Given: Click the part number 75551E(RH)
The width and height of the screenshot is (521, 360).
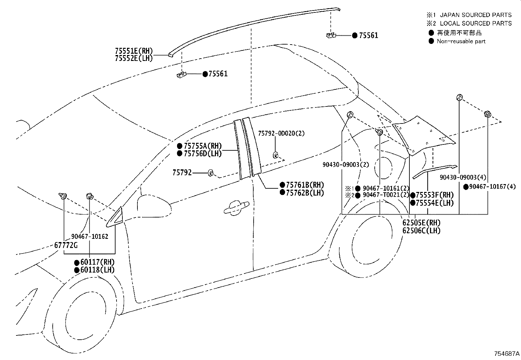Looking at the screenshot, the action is [134, 51].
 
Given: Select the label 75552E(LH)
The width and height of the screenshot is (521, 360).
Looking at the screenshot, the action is [134, 58].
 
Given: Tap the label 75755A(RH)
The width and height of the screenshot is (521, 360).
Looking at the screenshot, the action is [203, 146].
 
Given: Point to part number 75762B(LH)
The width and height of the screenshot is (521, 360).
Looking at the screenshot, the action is [305, 193].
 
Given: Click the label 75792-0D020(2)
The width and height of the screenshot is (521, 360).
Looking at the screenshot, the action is [281, 133].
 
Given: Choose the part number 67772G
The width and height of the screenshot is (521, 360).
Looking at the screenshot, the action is [66, 245].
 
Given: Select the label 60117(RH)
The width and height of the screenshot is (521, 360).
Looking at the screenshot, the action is [98, 262].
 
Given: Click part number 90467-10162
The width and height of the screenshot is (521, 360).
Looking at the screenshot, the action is [90, 237].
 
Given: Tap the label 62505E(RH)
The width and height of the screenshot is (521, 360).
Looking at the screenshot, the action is [422, 223].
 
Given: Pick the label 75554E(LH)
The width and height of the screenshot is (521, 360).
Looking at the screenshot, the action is [435, 203].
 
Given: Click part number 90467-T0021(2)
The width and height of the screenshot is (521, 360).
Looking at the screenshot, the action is [386, 195].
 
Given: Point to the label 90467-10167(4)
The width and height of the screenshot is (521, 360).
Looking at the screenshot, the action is [493, 187].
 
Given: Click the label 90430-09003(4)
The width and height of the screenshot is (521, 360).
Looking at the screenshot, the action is [463, 178].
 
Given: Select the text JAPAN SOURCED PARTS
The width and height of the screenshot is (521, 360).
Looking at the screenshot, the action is [476, 15].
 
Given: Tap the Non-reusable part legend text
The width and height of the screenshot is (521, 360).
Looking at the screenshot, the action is [461, 42].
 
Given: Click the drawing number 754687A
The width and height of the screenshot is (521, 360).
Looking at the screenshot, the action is [507, 354].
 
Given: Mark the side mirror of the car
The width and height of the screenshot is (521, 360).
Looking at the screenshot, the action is [154, 206].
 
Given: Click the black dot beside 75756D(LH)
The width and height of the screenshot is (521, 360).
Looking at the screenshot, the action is [180, 153].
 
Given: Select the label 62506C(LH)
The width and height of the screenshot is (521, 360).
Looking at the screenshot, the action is [422, 231].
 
